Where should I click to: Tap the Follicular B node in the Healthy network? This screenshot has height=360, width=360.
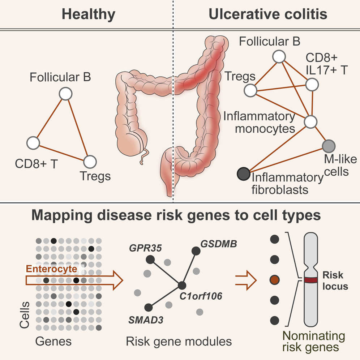point(65,94)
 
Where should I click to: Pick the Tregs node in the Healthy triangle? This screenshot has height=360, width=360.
point(90,160)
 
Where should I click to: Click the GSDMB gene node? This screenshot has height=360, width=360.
point(196,250)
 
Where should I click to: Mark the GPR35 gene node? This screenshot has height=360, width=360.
point(150,259)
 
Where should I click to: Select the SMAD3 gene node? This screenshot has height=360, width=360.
point(148,307)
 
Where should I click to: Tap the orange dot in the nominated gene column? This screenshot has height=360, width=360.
point(275,280)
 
